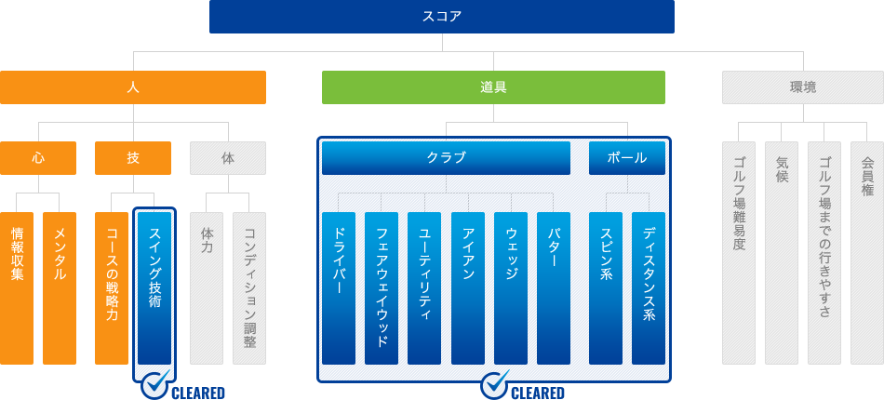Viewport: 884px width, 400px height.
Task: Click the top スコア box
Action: click(x=441, y=17)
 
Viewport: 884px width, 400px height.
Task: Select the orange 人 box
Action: click(x=132, y=87)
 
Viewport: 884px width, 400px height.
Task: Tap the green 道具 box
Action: click(x=493, y=87)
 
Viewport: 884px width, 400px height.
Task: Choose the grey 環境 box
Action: click(x=803, y=87)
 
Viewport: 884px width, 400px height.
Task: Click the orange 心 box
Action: click(x=38, y=158)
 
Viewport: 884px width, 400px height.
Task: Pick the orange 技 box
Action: click(x=132, y=158)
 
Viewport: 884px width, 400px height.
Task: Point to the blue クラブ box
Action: click(x=446, y=158)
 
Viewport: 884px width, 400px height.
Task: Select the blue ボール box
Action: click(x=627, y=158)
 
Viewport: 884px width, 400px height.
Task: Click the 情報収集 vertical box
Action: click(x=17, y=287)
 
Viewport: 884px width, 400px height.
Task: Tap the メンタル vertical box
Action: click(x=60, y=287)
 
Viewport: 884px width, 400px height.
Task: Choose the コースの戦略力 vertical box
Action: click(x=111, y=287)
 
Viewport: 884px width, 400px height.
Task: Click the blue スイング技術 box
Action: click(x=154, y=287)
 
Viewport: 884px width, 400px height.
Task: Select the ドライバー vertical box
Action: click(x=339, y=287)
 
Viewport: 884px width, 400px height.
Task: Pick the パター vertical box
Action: click(x=553, y=287)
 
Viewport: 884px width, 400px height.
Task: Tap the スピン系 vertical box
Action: click(x=606, y=287)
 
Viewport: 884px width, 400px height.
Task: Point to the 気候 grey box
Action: click(x=782, y=253)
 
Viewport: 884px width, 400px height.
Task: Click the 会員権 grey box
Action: click(x=867, y=253)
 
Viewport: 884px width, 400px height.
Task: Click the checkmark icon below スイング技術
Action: click(x=155, y=385)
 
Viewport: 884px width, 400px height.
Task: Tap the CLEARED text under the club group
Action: click(x=537, y=393)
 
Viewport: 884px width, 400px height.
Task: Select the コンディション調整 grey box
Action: click(x=249, y=287)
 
